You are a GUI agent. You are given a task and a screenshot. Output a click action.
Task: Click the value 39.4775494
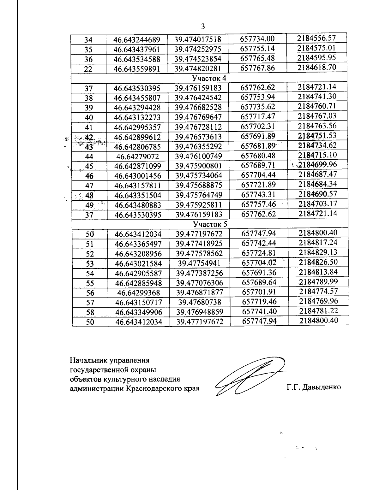tap(199, 263)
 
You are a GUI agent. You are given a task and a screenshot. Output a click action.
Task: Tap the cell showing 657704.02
tap(259, 263)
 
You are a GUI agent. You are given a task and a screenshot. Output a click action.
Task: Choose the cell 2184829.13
tap(318, 252)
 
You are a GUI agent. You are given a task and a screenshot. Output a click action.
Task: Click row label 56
tap(90, 293)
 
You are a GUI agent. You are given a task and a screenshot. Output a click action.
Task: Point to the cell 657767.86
tap(257, 68)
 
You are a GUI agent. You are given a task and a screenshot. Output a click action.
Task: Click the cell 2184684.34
tap(318, 184)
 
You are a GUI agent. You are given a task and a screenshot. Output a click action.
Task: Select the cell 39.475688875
tap(199, 185)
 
